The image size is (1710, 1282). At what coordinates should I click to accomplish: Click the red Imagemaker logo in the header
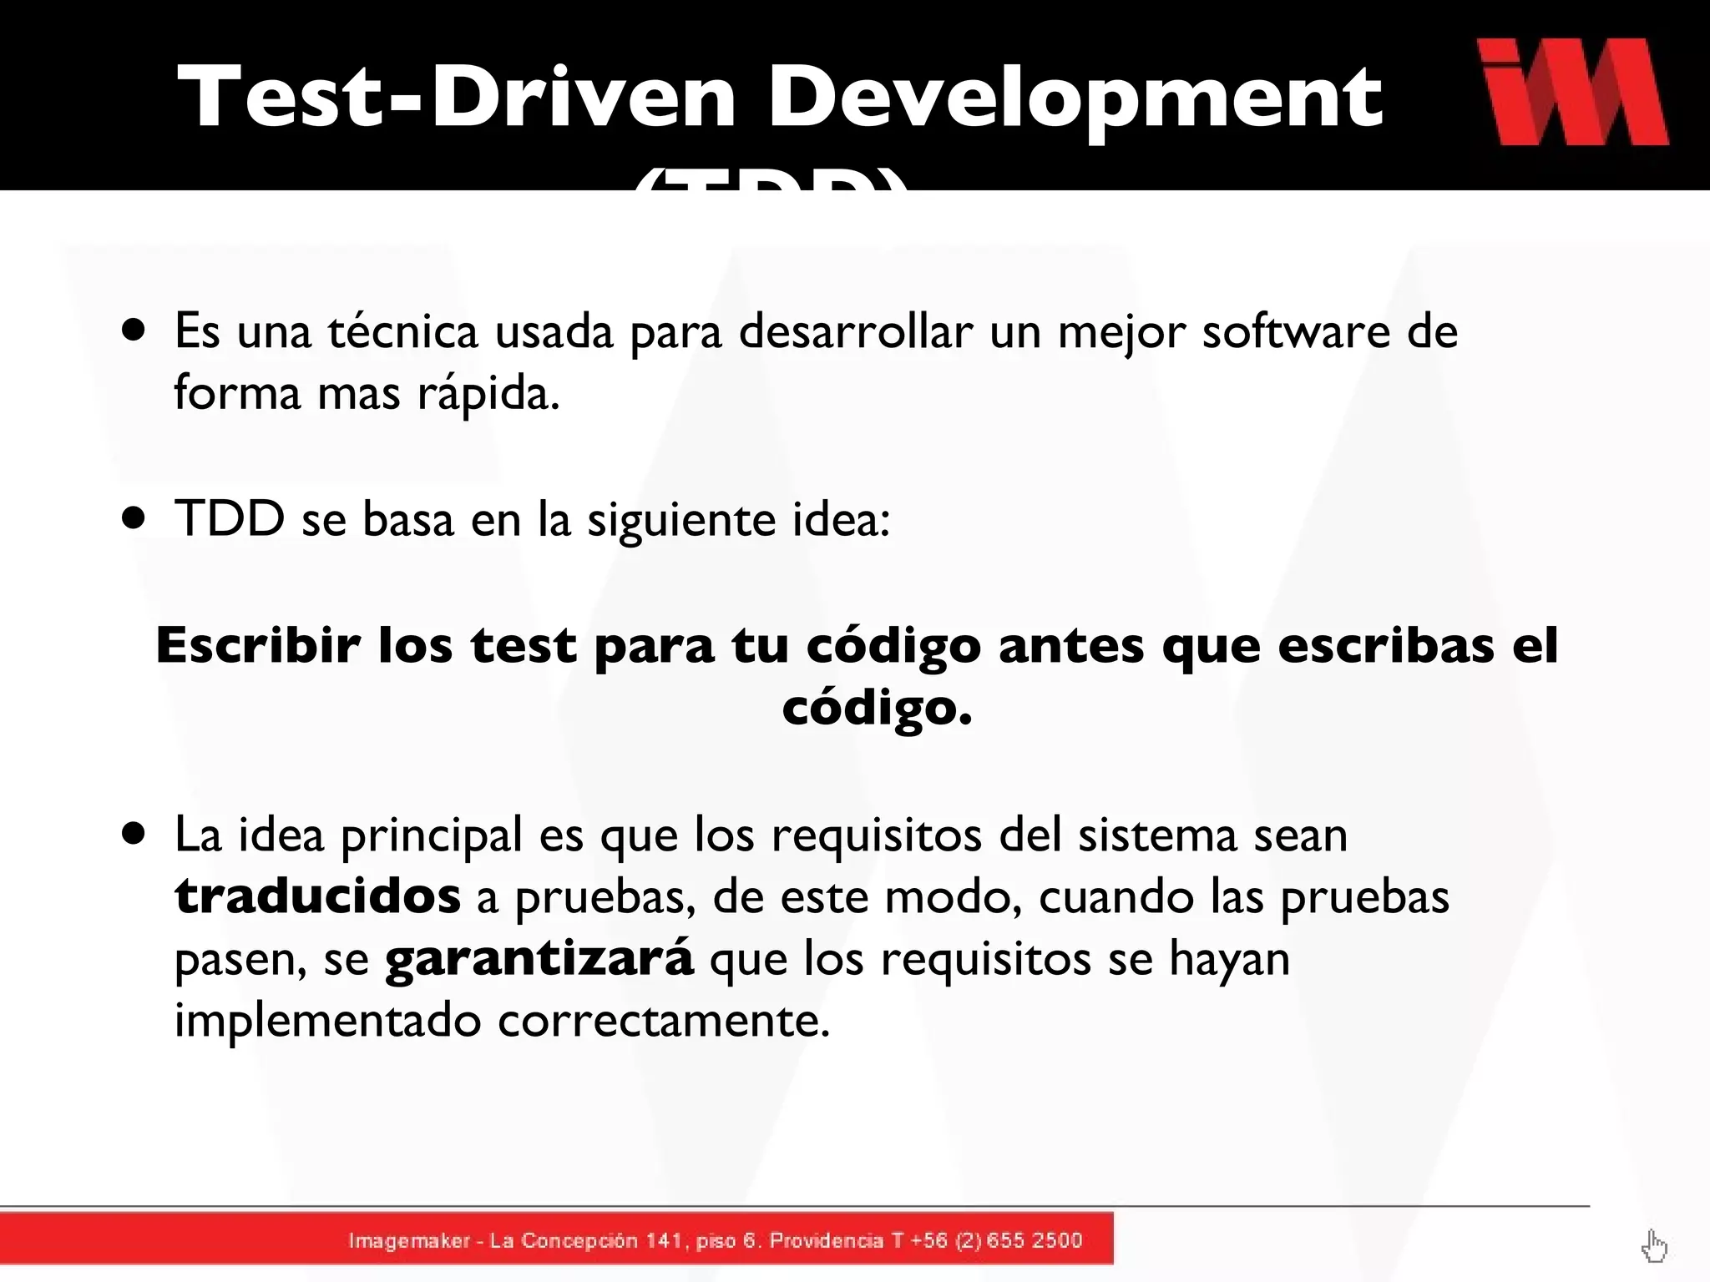point(1573,92)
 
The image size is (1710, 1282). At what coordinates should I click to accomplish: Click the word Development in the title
point(1075,98)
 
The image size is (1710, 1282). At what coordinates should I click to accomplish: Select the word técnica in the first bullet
point(402,331)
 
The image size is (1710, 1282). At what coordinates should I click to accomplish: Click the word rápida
point(488,394)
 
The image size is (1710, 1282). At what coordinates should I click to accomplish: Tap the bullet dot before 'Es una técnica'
point(134,330)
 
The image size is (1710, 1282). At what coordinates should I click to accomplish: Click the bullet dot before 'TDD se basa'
point(134,517)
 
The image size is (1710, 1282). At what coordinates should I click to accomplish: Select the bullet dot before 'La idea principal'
point(134,833)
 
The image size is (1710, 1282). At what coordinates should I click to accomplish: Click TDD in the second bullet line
point(230,518)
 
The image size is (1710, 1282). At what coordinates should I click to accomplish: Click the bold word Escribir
point(258,645)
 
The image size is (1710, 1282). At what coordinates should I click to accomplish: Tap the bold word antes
point(1070,646)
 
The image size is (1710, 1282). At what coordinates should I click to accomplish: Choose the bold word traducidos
point(317,896)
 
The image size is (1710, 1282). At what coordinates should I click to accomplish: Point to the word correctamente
point(664,1020)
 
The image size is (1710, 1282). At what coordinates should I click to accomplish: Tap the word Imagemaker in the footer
point(409,1241)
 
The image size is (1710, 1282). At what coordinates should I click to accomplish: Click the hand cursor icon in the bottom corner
point(1653,1247)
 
